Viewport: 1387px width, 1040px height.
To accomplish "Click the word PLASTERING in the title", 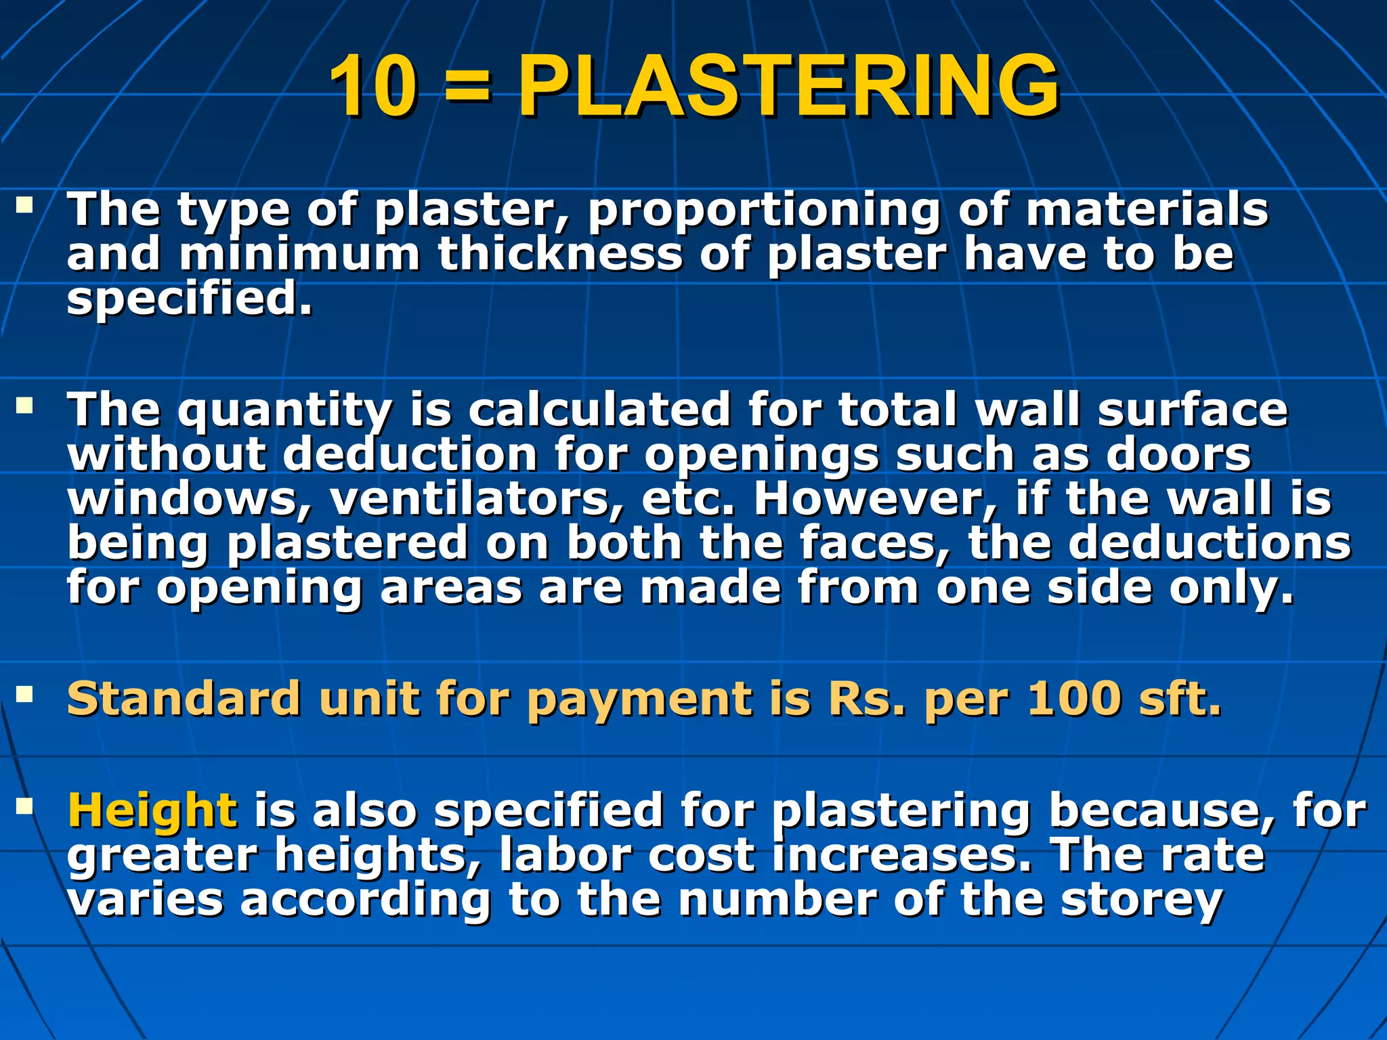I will (788, 87).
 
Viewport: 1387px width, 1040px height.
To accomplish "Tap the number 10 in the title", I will (373, 87).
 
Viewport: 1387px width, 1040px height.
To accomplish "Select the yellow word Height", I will (153, 810).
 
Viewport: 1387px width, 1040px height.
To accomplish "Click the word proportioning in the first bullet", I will (763, 210).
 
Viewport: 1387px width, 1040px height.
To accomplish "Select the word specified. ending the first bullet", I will (190, 299).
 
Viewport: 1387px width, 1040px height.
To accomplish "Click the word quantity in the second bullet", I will (285, 412).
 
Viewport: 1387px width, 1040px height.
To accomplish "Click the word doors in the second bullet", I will (1178, 454).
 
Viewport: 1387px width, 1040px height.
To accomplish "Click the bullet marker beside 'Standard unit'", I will (25, 694).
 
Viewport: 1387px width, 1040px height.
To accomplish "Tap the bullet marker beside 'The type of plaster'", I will (25, 204).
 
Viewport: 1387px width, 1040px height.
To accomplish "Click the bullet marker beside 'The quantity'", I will (25, 406).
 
